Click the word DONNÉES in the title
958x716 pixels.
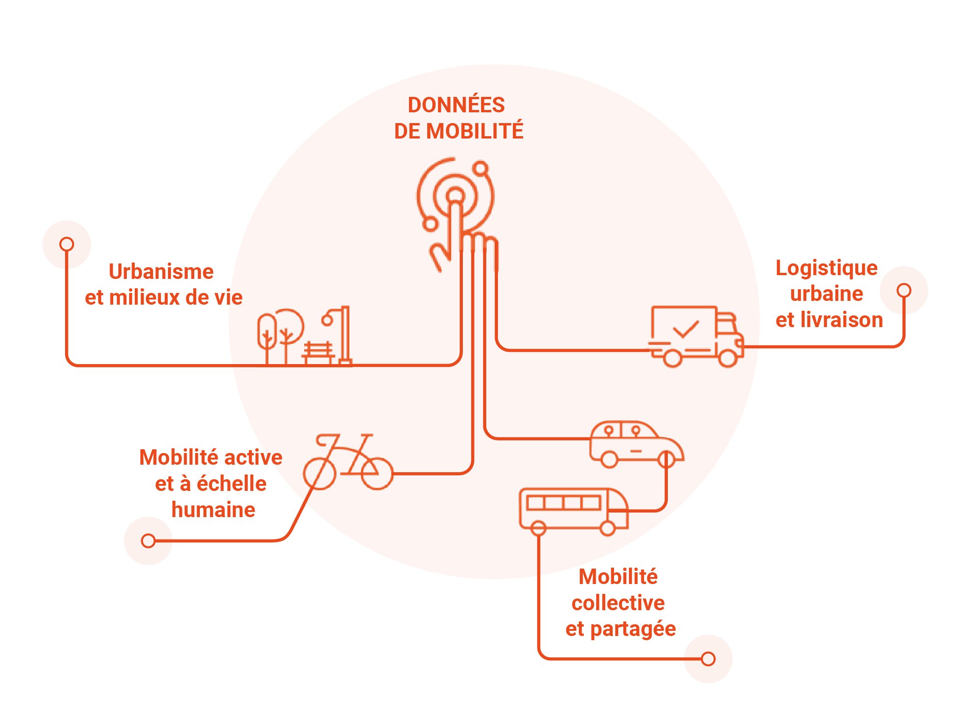pos(456,105)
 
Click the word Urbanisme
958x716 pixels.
pos(161,271)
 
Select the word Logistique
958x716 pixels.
pos(826,268)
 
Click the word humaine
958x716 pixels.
pos(213,510)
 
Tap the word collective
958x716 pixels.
pos(618,603)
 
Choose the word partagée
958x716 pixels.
pos(633,629)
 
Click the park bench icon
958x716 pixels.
pos(318,352)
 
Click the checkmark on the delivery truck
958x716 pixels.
pos(686,329)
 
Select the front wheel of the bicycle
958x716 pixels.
pos(377,474)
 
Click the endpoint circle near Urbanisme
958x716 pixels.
pos(67,244)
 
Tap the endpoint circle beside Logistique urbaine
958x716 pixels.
pos(904,290)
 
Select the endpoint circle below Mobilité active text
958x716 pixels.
pos(148,541)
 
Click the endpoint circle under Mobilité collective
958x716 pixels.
pos(708,659)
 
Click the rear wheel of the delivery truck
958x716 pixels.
pos(673,358)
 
